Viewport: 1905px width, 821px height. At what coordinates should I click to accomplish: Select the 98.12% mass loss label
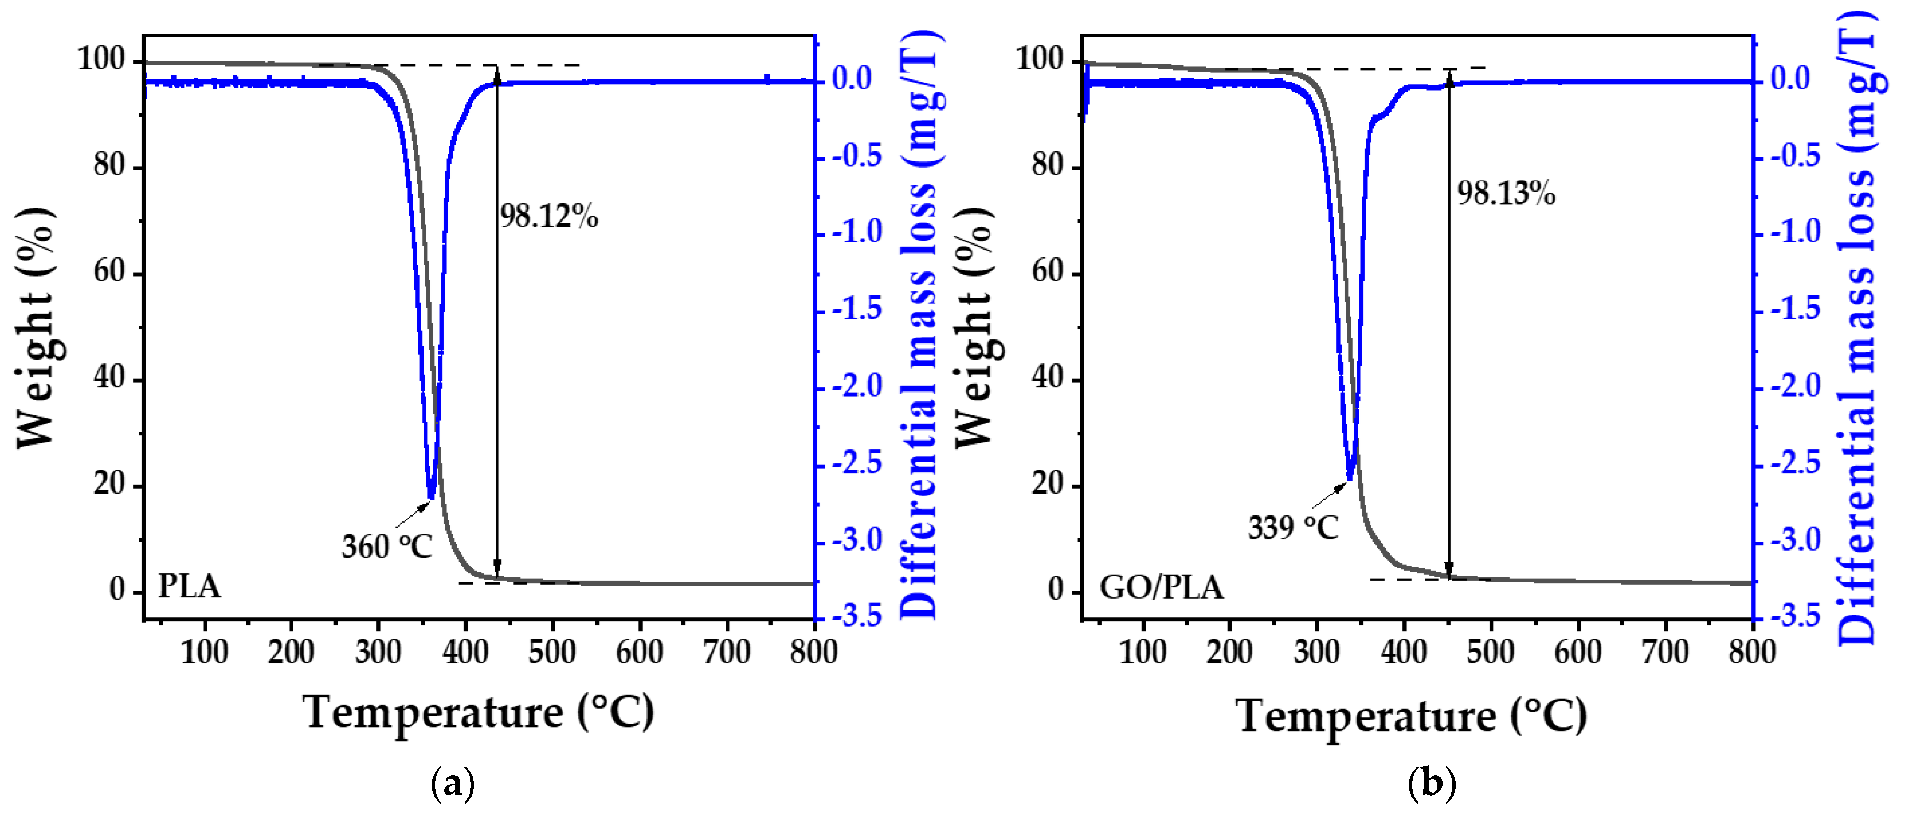[x=549, y=217]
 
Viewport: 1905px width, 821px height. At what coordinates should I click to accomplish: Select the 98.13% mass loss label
[x=1505, y=194]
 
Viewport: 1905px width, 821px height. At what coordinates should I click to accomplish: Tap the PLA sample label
[x=189, y=587]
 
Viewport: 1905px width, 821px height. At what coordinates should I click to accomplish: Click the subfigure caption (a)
[x=452, y=783]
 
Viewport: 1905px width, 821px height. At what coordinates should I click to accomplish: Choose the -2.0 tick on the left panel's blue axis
[x=857, y=386]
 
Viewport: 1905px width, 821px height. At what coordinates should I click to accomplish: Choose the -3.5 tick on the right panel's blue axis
[x=1795, y=616]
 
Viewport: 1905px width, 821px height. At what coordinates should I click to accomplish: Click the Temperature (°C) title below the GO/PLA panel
[x=1411, y=715]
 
